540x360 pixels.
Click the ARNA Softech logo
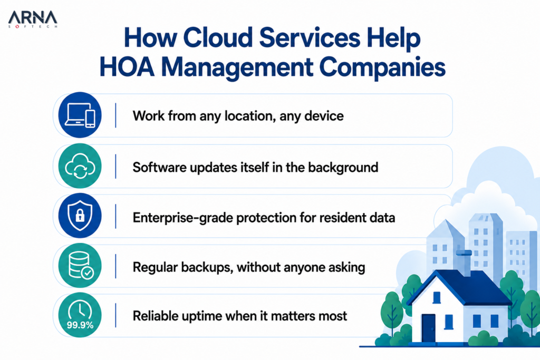(33, 20)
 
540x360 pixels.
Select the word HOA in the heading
(127, 67)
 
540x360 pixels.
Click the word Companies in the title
(382, 68)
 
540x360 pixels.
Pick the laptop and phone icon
(80, 115)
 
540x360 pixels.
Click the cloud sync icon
(80, 166)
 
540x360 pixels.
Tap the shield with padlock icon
(80, 216)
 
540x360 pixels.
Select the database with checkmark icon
(80, 265)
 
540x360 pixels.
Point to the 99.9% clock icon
(80, 315)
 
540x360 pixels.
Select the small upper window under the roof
(437, 297)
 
